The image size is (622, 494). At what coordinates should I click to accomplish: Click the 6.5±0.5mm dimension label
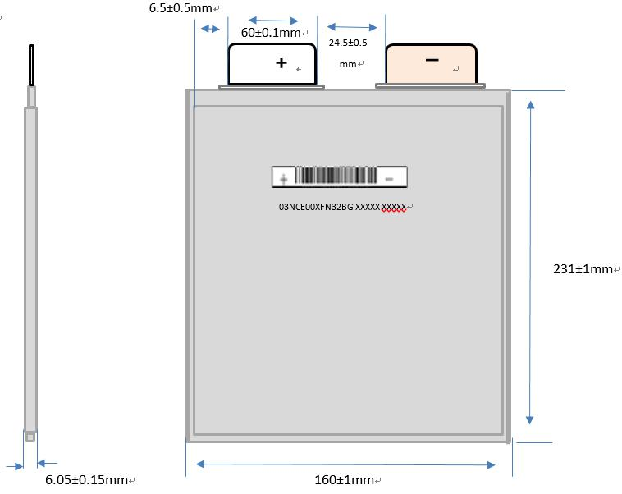point(180,8)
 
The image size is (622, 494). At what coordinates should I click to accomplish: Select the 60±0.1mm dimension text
point(271,33)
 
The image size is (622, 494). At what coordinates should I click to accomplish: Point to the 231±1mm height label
point(583,269)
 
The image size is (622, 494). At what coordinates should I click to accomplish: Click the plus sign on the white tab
point(281,62)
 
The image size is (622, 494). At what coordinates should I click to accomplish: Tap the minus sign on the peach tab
point(432,60)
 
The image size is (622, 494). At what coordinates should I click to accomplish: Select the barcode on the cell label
point(336,176)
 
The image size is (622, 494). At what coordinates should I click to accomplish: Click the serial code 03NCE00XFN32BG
point(316,208)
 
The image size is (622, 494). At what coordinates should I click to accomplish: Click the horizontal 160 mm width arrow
point(345,464)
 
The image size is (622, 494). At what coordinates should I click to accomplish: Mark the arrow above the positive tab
point(272,19)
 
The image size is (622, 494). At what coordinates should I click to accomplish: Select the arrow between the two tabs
point(355,27)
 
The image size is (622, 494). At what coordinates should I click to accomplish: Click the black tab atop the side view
point(32,66)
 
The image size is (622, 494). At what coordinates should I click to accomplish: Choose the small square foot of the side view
point(30,437)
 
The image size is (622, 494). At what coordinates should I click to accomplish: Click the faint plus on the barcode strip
point(284,177)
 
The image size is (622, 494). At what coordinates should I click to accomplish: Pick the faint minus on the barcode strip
point(391,177)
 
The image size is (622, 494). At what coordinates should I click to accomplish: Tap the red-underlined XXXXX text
point(395,208)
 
